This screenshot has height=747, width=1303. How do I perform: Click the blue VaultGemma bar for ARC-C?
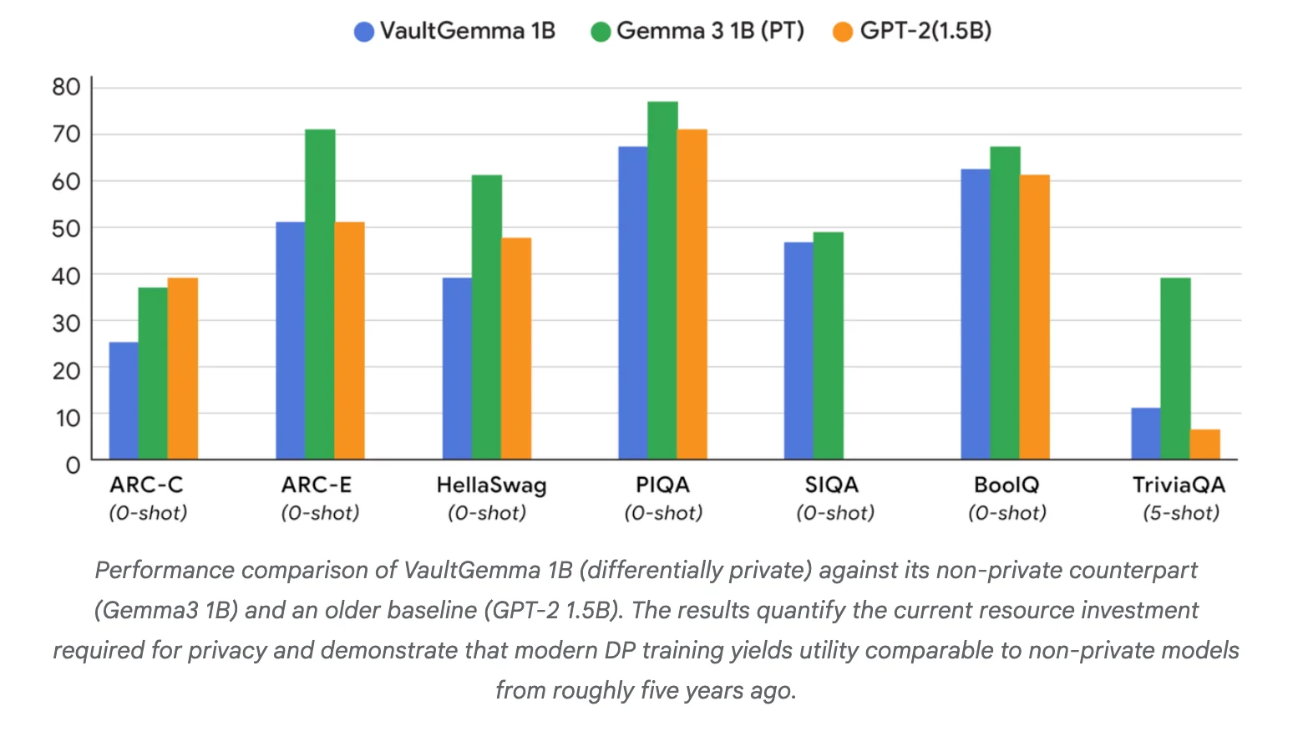click(x=124, y=401)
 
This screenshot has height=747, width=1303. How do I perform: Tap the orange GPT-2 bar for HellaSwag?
click(x=516, y=348)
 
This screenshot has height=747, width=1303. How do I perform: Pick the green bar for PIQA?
click(x=662, y=280)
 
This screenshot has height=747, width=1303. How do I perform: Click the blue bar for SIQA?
click(x=799, y=351)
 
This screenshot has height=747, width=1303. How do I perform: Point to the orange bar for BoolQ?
click(x=1034, y=318)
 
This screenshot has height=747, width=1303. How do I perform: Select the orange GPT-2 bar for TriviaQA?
click(x=1204, y=445)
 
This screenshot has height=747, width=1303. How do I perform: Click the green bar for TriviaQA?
click(x=1175, y=368)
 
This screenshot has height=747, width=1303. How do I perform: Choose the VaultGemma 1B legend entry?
click(x=455, y=32)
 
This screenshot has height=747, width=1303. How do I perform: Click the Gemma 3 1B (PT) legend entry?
click(x=697, y=32)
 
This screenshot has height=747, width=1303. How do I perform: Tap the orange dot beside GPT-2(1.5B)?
click(x=843, y=33)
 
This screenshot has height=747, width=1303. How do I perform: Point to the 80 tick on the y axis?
click(x=66, y=87)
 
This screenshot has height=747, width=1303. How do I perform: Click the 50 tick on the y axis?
click(x=66, y=228)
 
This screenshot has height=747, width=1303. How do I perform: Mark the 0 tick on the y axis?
click(x=73, y=465)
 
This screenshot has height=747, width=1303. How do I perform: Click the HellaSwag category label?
click(x=491, y=485)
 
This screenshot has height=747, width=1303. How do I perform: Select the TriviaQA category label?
click(x=1179, y=485)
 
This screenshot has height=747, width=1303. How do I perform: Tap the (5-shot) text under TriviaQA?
click(x=1180, y=513)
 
